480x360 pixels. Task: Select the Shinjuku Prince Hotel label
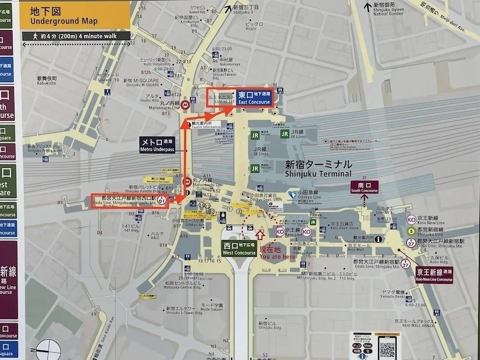(42, 148)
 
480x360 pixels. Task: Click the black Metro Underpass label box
(157, 145)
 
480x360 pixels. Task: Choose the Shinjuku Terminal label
(318, 169)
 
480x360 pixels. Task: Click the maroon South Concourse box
(364, 187)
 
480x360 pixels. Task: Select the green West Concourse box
(239, 249)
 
